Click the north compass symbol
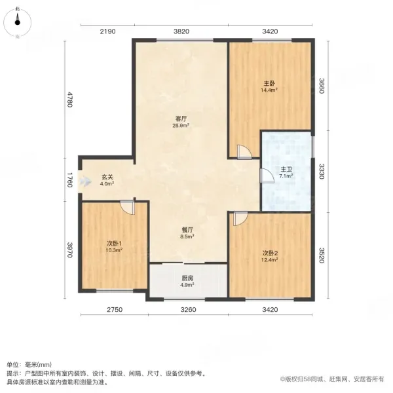click(17, 22)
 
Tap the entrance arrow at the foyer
click(84, 181)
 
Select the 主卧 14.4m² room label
click(269, 86)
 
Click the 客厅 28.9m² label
click(181, 122)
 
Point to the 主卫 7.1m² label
click(286, 173)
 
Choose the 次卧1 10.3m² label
click(114, 247)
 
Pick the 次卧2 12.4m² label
click(269, 256)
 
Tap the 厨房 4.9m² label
click(187, 282)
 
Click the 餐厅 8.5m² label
click(187, 233)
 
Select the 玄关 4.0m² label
click(107, 180)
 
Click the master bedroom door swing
click(244, 152)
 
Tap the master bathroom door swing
click(267, 176)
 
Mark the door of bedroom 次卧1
click(127, 207)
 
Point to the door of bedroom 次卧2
click(240, 219)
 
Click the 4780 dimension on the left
click(70, 100)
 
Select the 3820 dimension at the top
click(181, 31)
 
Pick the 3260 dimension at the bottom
click(189, 310)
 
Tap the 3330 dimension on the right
click(322, 172)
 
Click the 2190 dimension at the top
click(108, 31)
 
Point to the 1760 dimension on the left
click(70, 179)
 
